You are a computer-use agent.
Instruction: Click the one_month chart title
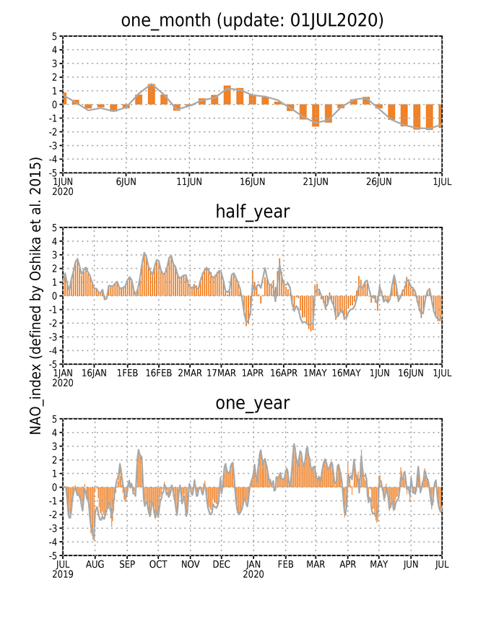(x=252, y=20)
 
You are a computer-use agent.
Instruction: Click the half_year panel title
(x=253, y=212)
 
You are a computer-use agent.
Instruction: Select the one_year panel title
(x=253, y=404)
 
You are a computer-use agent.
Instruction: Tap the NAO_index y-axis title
(x=35, y=295)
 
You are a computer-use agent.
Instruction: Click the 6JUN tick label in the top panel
(x=126, y=181)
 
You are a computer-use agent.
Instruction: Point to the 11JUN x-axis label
(x=189, y=181)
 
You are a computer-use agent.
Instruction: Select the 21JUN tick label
(x=316, y=181)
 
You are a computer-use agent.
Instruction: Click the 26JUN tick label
(x=378, y=181)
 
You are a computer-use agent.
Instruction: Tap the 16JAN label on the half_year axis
(x=94, y=373)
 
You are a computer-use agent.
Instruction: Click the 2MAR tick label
(x=189, y=373)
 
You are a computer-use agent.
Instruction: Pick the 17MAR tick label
(x=221, y=373)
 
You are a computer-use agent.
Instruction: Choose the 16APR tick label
(x=283, y=373)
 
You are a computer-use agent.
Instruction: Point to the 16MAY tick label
(x=346, y=373)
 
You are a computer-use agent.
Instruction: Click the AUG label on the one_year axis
(x=95, y=565)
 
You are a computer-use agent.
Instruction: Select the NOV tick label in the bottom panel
(x=190, y=565)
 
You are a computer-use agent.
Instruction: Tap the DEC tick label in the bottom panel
(x=221, y=565)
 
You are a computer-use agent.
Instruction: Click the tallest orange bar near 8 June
(x=151, y=95)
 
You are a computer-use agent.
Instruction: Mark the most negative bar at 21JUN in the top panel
(x=316, y=116)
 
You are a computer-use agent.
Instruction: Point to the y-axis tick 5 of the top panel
(x=54, y=36)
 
